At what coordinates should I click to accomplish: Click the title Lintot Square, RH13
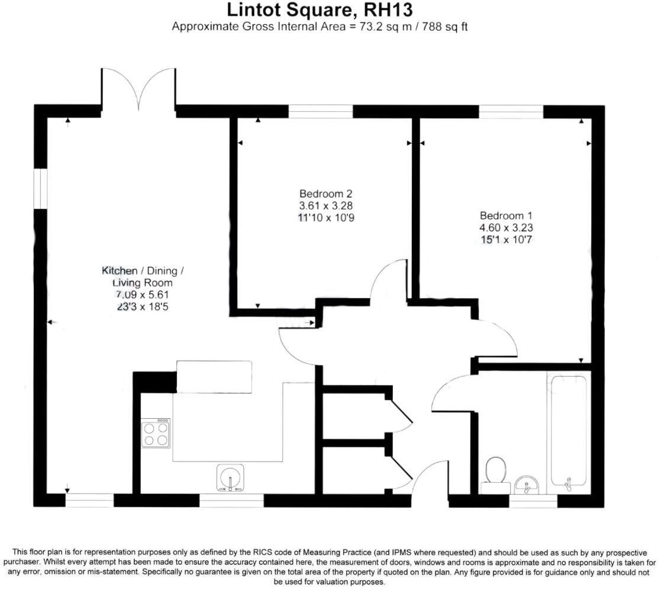tap(320, 10)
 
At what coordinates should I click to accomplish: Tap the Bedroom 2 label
tap(326, 193)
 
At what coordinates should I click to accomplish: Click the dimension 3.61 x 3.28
tap(326, 206)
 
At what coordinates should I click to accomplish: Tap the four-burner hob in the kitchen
tap(156, 434)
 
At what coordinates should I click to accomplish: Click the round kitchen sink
tap(231, 477)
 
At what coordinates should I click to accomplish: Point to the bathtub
tap(569, 432)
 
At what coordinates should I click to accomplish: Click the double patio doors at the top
tap(138, 89)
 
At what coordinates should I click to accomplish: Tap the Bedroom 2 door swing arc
tap(388, 282)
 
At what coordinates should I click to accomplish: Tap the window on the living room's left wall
tap(40, 189)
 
